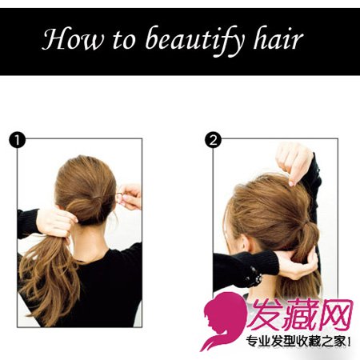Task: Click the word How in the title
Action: pyautogui.click(x=72, y=38)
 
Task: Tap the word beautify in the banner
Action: pyautogui.click(x=194, y=41)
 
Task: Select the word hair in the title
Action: pyautogui.click(x=278, y=38)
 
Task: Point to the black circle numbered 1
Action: pyautogui.click(x=17, y=140)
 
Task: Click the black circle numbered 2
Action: pyautogui.click(x=213, y=140)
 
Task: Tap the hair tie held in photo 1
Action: pyautogui.click(x=119, y=198)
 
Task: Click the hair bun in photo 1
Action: pyautogui.click(x=85, y=209)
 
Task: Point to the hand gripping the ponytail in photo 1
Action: pyautogui.click(x=57, y=223)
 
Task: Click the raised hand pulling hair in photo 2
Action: pyautogui.click(x=294, y=163)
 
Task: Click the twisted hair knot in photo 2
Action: pyautogui.click(x=307, y=231)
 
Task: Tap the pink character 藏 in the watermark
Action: pyautogui.click(x=300, y=314)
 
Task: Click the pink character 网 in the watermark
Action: pyautogui.click(x=335, y=314)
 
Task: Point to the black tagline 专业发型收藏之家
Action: pyautogui.click(x=296, y=342)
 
